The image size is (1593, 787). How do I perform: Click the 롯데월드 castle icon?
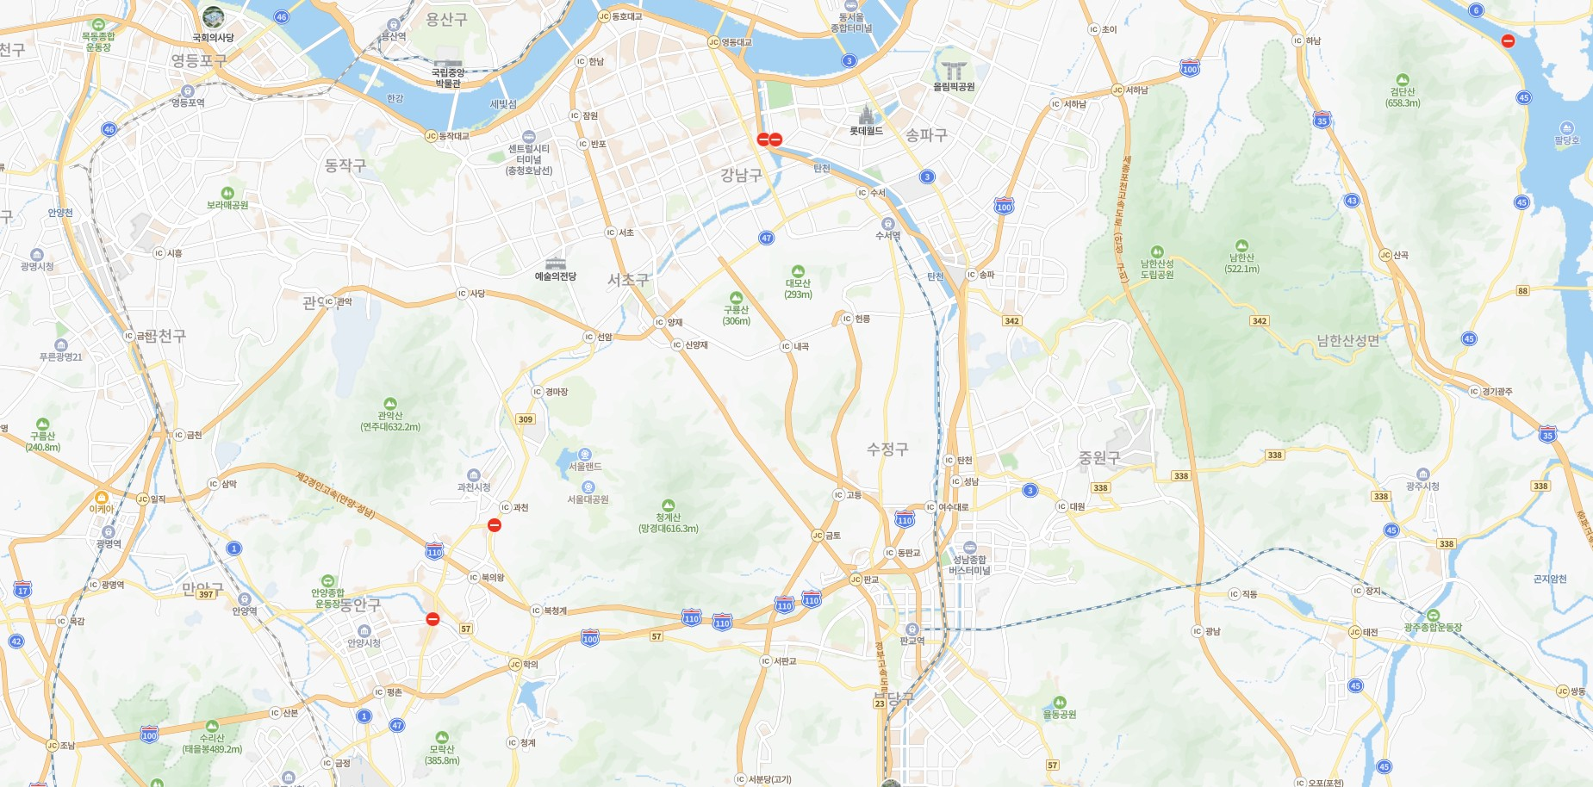(x=866, y=115)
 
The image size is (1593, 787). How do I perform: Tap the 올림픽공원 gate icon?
(x=954, y=70)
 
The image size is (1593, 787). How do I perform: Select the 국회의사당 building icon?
(x=213, y=17)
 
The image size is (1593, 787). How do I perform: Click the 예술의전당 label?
(x=556, y=276)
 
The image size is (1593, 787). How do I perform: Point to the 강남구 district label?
(x=741, y=176)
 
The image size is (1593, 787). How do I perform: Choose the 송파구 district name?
(x=926, y=135)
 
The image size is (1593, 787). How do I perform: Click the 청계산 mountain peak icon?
(x=668, y=505)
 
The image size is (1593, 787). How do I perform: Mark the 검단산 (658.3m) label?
(x=1403, y=97)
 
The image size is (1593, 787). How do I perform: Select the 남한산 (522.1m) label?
(x=1241, y=263)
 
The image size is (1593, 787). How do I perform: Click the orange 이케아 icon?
(x=102, y=498)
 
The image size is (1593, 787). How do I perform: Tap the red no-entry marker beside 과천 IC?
(x=495, y=525)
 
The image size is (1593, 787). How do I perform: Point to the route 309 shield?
(x=526, y=419)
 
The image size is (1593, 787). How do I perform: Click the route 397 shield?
(x=206, y=594)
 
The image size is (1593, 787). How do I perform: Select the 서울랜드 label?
(x=585, y=467)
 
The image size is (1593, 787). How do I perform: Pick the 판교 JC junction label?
(x=865, y=579)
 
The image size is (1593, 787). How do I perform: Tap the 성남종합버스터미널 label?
(x=969, y=565)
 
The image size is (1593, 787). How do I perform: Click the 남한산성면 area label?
(x=1347, y=340)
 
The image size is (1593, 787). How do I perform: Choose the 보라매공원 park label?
(x=227, y=205)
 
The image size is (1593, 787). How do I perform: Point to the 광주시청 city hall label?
(x=1422, y=486)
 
